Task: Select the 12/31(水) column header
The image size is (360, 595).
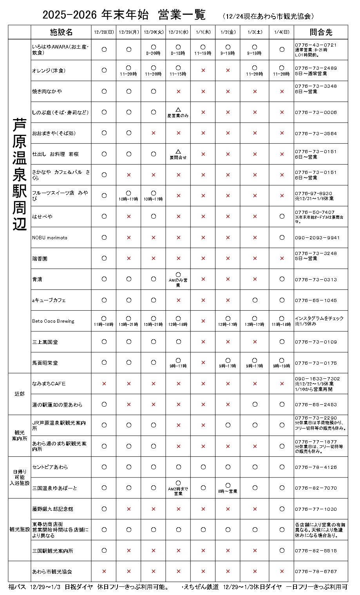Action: pyautogui.click(x=178, y=32)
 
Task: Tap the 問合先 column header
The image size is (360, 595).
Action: pyautogui.click(x=320, y=32)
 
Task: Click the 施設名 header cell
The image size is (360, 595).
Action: pyautogui.click(x=61, y=32)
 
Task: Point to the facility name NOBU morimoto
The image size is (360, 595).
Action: pyautogui.click(x=50, y=238)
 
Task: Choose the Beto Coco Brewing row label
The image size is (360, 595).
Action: pyautogui.click(x=53, y=321)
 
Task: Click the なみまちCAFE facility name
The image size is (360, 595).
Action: pyautogui.click(x=49, y=383)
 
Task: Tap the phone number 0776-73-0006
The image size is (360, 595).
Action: pyautogui.click(x=316, y=112)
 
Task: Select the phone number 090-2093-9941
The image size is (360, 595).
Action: pyautogui.click(x=317, y=238)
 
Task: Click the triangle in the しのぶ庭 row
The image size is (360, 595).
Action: pyautogui.click(x=178, y=110)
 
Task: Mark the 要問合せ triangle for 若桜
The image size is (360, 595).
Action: pyautogui.click(x=178, y=152)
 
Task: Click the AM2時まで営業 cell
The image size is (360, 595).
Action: pyautogui.click(x=178, y=488)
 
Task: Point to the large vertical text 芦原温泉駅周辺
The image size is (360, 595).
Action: pyautogui.click(x=20, y=174)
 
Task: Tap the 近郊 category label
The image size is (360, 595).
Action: pyautogui.click(x=20, y=394)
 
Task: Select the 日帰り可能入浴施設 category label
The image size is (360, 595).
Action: pyautogui.click(x=20, y=477)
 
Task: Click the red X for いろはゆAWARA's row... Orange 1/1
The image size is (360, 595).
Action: pyautogui.click(x=203, y=71)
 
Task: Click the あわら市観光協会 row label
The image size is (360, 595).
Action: pyautogui.click(x=52, y=571)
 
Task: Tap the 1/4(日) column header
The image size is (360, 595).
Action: pyautogui.click(x=282, y=32)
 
